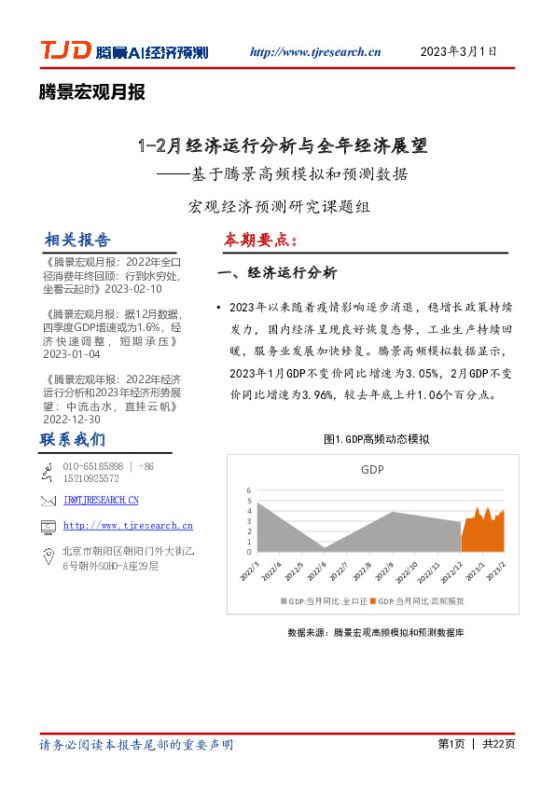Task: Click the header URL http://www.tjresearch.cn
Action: coord(316,52)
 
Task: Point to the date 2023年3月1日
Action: coord(459,51)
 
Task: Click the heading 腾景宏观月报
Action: coord(92,92)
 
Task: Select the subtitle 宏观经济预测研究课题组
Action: coord(279,207)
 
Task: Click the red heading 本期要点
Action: coord(260,241)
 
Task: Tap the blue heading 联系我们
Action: coord(73,439)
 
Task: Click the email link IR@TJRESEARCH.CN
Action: coord(101,502)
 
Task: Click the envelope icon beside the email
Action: coord(49,502)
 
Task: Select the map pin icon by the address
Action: coord(49,557)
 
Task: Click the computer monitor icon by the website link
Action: coord(49,527)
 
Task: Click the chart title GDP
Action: coord(372,471)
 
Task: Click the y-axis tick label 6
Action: coord(249,490)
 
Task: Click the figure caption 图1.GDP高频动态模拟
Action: coord(376,439)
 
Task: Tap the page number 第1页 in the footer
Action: coord(451,744)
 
